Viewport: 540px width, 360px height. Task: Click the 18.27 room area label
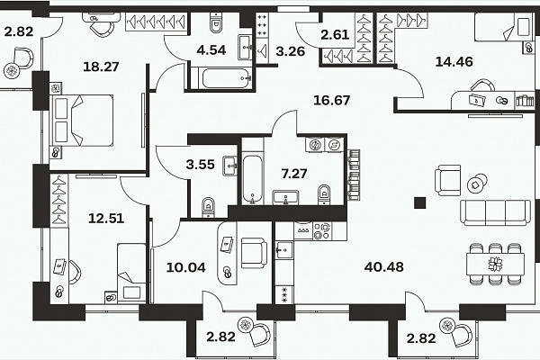tap(101, 67)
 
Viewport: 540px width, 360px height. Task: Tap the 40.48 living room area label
tap(384, 266)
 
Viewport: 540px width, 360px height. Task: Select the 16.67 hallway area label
tap(331, 100)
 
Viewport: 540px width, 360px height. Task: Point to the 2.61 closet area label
tap(335, 35)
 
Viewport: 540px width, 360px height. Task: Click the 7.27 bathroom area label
tap(294, 174)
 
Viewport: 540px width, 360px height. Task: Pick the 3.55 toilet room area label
tap(200, 165)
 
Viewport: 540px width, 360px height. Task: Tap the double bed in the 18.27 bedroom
tap(82, 121)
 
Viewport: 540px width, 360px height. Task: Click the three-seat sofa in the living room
tap(495, 212)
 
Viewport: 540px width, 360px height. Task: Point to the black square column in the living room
tap(419, 202)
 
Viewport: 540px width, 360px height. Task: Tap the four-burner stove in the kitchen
tap(322, 230)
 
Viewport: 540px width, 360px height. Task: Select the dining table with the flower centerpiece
tap(495, 265)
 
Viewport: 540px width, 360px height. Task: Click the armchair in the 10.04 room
tap(254, 253)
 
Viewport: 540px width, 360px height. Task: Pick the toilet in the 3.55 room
tap(208, 207)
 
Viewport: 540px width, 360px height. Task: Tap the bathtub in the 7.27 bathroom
tap(252, 180)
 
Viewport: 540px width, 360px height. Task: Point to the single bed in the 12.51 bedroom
tap(131, 274)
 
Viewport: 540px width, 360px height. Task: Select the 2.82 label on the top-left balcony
tap(19, 31)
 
